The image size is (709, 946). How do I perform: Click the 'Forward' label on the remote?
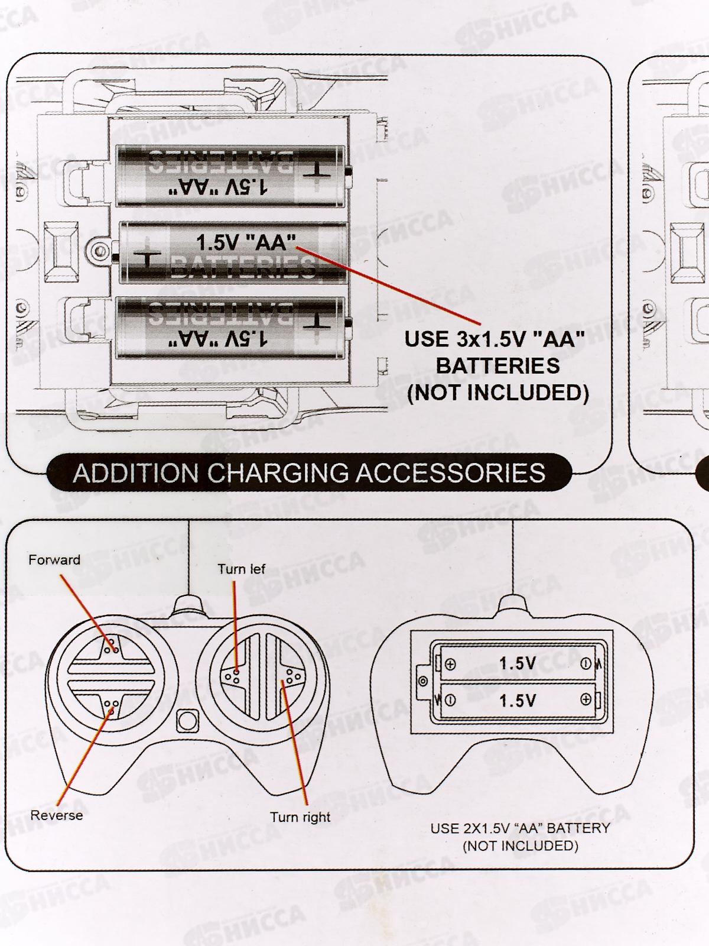[x=54, y=560]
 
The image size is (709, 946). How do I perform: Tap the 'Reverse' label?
[x=57, y=815]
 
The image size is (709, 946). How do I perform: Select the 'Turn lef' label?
[x=241, y=569]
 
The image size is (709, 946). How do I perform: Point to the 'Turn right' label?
[x=300, y=818]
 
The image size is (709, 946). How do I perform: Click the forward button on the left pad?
[x=111, y=648]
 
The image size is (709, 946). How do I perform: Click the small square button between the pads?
[x=187, y=721]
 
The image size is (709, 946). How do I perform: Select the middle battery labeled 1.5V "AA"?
[x=233, y=252]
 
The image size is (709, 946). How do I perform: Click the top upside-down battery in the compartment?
[x=230, y=177]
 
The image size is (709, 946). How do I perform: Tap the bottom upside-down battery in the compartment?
[x=230, y=328]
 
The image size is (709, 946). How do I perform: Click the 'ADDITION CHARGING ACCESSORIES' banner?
[x=309, y=473]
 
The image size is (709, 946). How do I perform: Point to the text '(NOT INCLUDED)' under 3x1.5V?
[x=498, y=393]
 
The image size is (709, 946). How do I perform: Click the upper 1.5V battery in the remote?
[x=518, y=663]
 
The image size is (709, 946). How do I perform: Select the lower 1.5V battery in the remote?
[x=518, y=701]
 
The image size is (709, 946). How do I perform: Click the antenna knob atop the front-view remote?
[x=188, y=604]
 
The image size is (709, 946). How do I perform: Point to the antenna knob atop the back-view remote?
[x=512, y=604]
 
